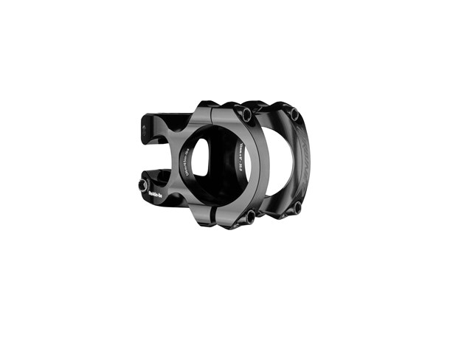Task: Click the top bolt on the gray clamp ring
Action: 246,116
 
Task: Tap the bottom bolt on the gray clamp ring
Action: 250,216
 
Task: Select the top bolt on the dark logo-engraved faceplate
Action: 294,114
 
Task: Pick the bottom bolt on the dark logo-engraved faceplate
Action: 297,207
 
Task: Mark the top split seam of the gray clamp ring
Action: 213,111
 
